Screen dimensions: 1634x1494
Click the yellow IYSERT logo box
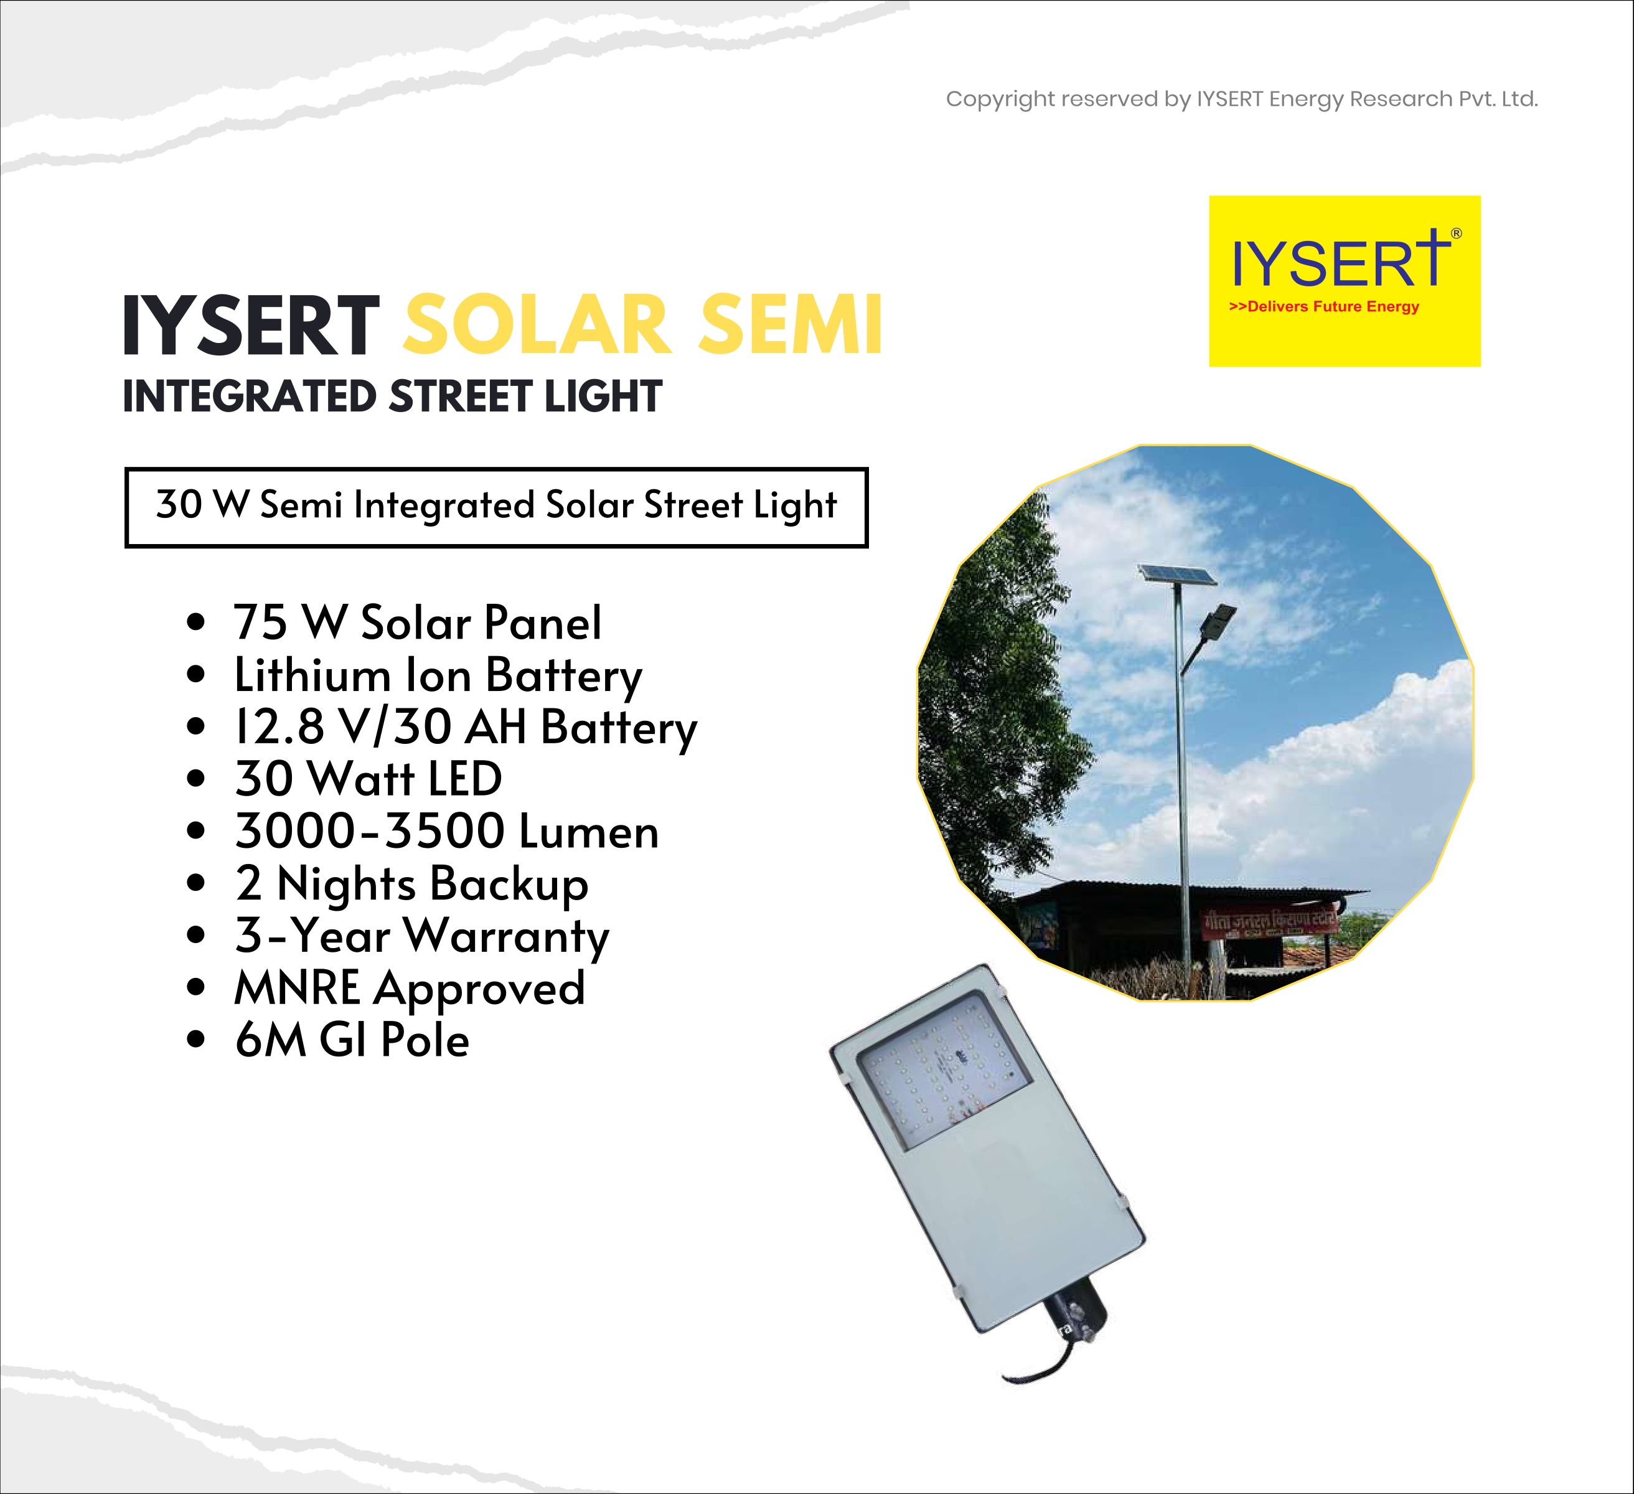coord(1345,281)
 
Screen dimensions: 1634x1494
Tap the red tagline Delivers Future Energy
coord(1325,306)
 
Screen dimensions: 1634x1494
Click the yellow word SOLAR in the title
coord(537,325)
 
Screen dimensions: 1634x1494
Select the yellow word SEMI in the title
coord(791,325)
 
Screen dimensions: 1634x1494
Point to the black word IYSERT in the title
coord(251,325)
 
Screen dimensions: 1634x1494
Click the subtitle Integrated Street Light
coord(392,397)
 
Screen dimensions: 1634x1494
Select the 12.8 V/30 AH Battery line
coord(465,728)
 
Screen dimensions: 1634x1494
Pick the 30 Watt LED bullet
coord(368,779)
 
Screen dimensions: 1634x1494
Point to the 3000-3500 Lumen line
coord(446,831)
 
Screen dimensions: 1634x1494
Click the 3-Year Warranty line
coord(421,937)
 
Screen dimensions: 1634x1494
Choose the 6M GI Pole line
coord(352,1040)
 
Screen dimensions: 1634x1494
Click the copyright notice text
coord(1242,100)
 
